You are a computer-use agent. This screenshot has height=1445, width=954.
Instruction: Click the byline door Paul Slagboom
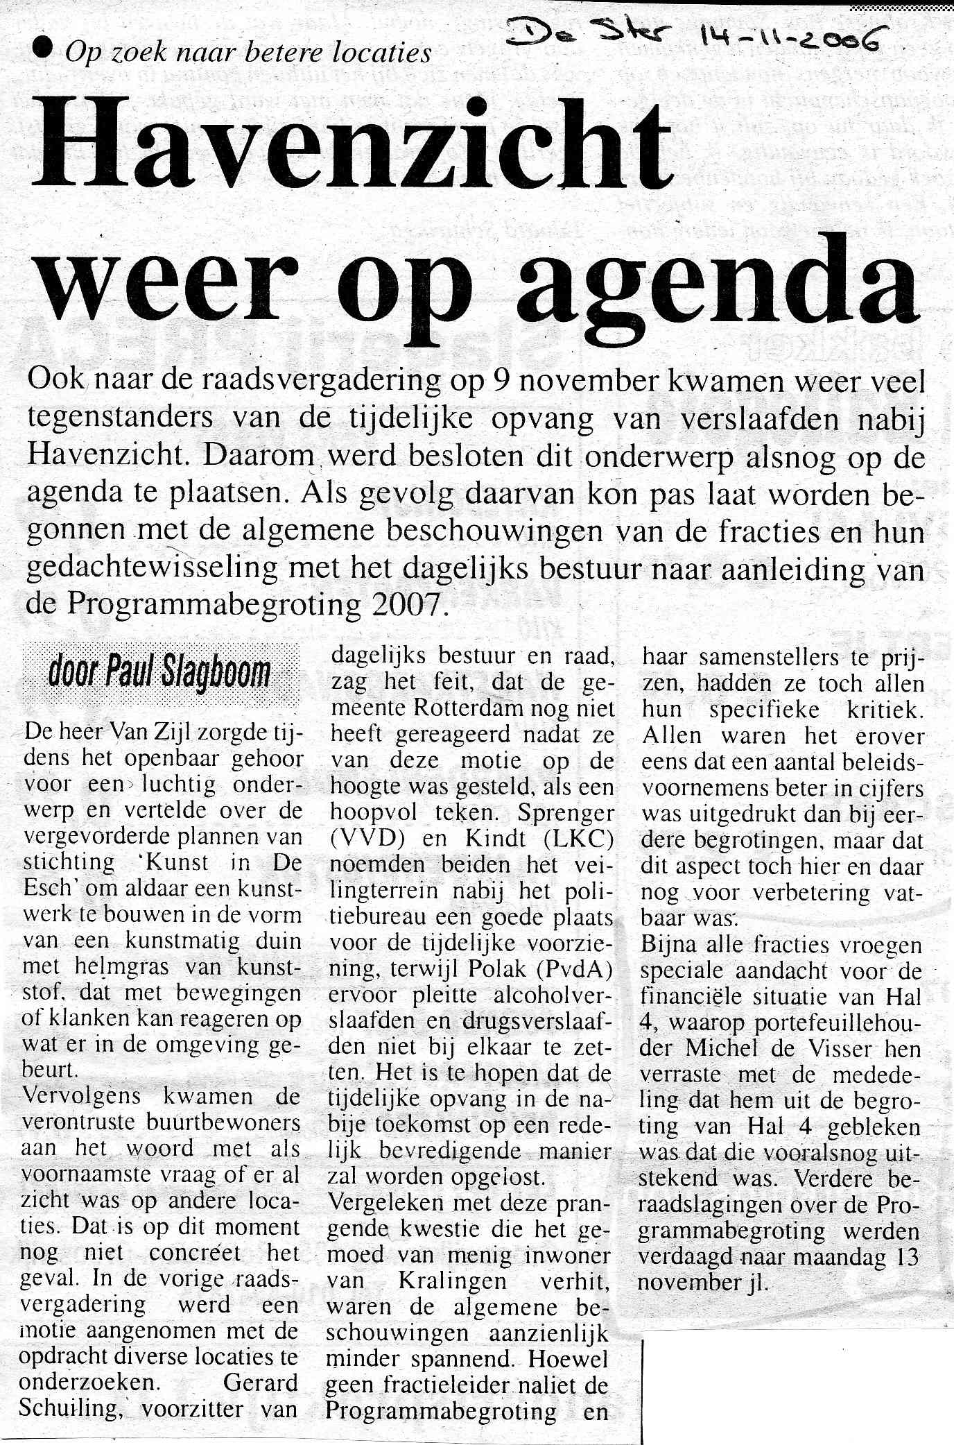[160, 673]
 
